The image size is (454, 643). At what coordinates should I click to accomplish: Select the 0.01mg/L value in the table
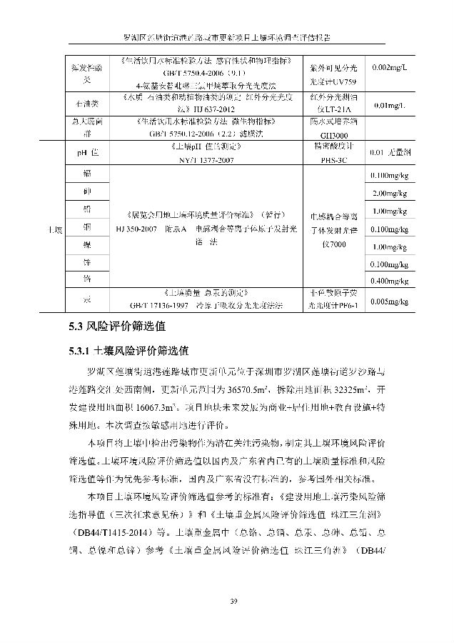[x=390, y=106]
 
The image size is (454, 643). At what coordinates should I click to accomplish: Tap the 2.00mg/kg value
[x=390, y=194]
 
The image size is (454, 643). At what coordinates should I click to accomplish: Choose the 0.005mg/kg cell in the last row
[x=390, y=301]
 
